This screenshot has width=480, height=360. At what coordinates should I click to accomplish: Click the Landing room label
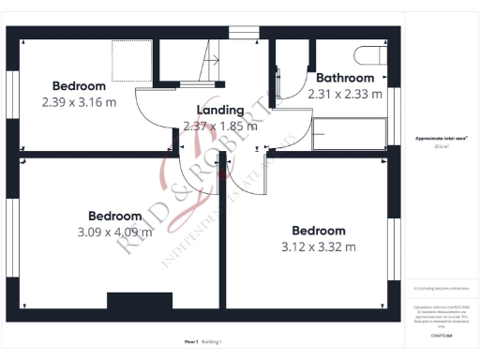click(x=219, y=111)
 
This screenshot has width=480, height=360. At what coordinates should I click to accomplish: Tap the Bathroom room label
click(x=344, y=78)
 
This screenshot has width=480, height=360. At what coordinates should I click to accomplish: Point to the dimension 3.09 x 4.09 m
click(x=114, y=232)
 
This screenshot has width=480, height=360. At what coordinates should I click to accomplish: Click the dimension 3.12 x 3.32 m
click(x=318, y=247)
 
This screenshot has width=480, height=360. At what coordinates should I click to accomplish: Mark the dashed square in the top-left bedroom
click(x=127, y=60)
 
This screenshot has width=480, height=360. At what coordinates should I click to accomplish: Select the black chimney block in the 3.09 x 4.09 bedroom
click(x=140, y=301)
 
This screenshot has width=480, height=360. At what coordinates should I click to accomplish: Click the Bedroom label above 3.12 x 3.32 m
click(x=318, y=231)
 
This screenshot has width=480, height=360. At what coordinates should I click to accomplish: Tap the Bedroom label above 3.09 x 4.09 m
click(x=114, y=215)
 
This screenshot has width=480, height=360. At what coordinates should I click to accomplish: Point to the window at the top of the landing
click(x=242, y=34)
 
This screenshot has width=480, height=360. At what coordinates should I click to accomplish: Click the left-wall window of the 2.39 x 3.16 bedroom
click(x=11, y=95)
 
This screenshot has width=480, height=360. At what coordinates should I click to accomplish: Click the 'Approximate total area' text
click(x=441, y=139)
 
